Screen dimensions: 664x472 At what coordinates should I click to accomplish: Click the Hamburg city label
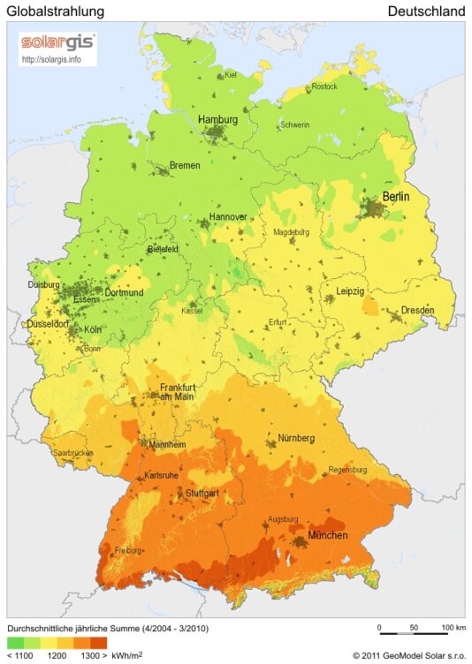pos(217,119)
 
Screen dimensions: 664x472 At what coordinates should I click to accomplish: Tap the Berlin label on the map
pos(395,197)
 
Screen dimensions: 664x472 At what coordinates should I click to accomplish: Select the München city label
pos(327,536)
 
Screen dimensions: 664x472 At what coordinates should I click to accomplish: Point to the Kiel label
pos(232,75)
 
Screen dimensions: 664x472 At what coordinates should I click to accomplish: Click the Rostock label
pos(324,87)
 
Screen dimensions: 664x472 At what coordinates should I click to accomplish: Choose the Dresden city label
pos(417,311)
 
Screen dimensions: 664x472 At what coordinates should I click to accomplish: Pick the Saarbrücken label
pos(72,453)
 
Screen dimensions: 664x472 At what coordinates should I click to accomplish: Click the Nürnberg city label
pos(296,438)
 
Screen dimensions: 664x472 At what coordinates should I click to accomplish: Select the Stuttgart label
pos(202,493)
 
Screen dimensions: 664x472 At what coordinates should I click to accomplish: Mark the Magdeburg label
pos(291,232)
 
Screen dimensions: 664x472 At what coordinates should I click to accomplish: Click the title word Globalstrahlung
pos(56,11)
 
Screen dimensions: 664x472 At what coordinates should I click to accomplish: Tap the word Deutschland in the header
pos(426,11)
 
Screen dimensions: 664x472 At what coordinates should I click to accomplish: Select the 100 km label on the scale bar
pos(453,628)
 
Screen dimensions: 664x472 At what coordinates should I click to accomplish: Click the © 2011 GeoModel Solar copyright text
pos(408,656)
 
